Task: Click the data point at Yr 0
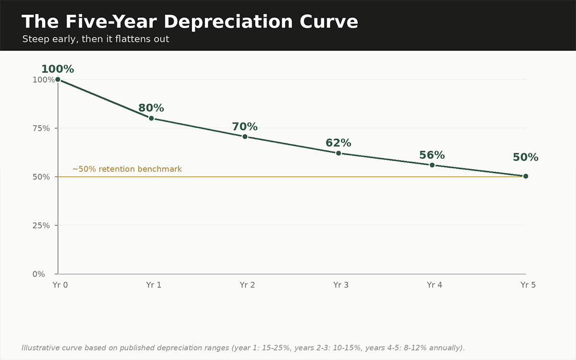pyautogui.click(x=58, y=80)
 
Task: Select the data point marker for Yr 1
pyautogui.click(x=152, y=118)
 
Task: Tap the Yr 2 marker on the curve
pyautogui.click(x=245, y=137)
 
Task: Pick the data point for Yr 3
pyautogui.click(x=339, y=153)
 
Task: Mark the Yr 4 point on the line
pyautogui.click(x=432, y=165)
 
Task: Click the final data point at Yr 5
pyautogui.click(x=526, y=176)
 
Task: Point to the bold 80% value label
pyautogui.click(x=151, y=108)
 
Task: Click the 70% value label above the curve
pyautogui.click(x=245, y=127)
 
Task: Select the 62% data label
pyautogui.click(x=338, y=143)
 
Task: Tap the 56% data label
pyautogui.click(x=432, y=155)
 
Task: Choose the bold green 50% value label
pyautogui.click(x=526, y=157)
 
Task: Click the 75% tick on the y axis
pyautogui.click(x=41, y=128)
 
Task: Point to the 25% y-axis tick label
pyautogui.click(x=41, y=226)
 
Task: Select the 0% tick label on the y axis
pyautogui.click(x=38, y=274)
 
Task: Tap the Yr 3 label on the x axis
pyautogui.click(x=341, y=285)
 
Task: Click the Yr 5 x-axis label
pyautogui.click(x=528, y=285)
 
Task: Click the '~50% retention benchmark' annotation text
pyautogui.click(x=127, y=169)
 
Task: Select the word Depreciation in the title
pyautogui.click(x=228, y=22)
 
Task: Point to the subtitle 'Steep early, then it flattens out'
pyautogui.click(x=96, y=39)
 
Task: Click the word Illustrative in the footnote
pyautogui.click(x=41, y=348)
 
